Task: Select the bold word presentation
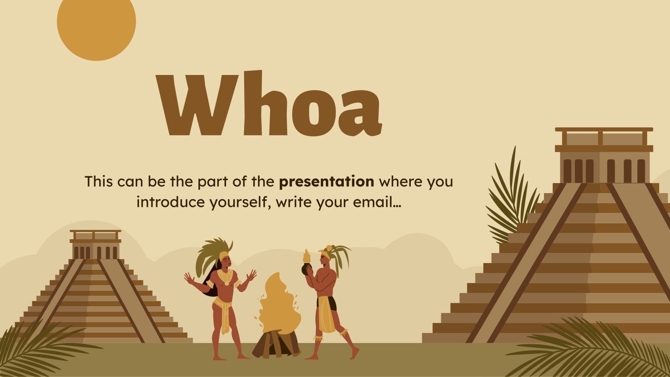[x=327, y=182]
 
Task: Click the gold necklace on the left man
[x=225, y=276]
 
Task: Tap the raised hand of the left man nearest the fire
[x=251, y=275]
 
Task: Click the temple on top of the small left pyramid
[x=95, y=245]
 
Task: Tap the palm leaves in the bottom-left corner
[x=33, y=348]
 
